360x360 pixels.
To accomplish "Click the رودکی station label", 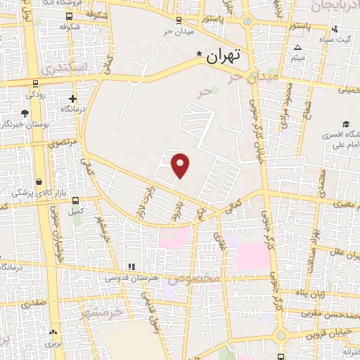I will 35,94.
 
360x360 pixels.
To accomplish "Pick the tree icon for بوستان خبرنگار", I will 25,112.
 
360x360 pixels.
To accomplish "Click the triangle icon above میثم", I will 298,47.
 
